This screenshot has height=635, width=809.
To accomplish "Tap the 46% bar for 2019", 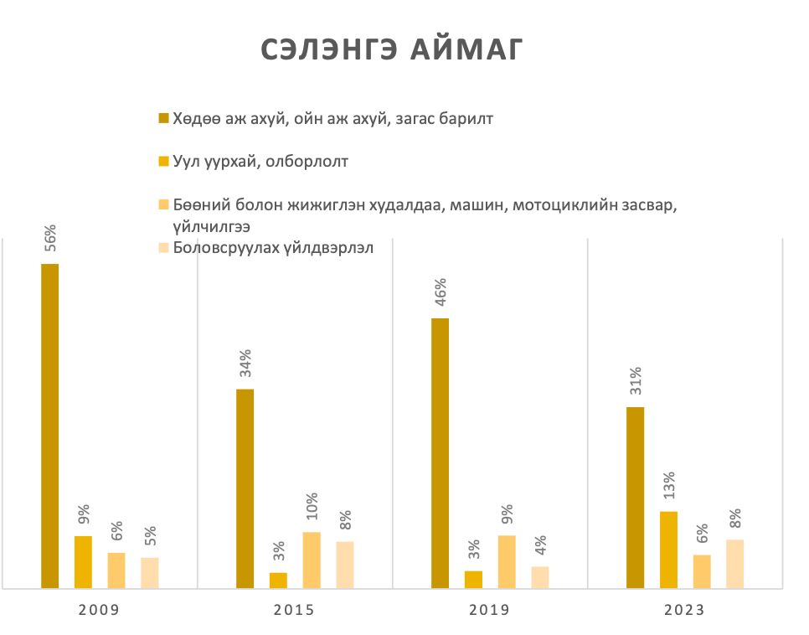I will coord(440,453).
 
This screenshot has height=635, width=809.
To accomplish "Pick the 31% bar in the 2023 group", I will coord(635,498).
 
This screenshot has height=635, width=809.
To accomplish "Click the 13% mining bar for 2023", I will coord(668,550).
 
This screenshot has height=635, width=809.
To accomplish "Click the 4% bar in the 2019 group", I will coord(540,577).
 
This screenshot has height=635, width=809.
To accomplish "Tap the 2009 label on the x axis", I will coord(99,611).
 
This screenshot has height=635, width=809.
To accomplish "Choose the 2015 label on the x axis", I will coord(294,611).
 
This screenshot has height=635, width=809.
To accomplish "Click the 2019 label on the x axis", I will coord(489,611).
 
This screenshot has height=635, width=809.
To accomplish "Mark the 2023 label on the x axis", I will coord(684,611).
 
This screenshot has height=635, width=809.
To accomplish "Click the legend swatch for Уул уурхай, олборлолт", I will coord(163,161).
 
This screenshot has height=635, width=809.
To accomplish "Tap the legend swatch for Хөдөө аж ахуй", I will coord(163,118).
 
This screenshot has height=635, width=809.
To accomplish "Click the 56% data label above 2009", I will coord(49,240).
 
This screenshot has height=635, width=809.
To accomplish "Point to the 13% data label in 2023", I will coord(669,487).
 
